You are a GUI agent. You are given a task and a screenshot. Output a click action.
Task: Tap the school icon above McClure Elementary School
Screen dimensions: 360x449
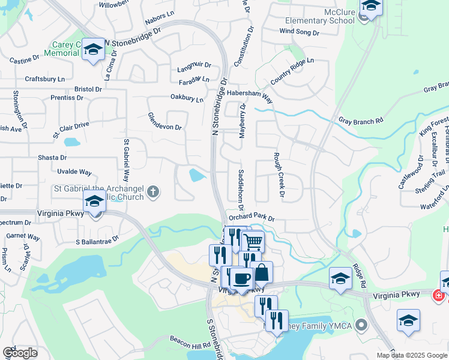click(x=371, y=6)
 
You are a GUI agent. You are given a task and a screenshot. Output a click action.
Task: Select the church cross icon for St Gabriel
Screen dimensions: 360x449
click(x=153, y=192)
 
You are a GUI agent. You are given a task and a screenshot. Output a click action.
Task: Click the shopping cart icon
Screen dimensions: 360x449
click(x=253, y=241)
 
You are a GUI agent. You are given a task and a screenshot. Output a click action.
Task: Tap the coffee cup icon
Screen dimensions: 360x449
click(x=242, y=278)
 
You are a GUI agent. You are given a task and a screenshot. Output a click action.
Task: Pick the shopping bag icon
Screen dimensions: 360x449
click(x=262, y=272)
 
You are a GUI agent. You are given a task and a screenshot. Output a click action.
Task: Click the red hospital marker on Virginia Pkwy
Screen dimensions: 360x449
click(x=439, y=295)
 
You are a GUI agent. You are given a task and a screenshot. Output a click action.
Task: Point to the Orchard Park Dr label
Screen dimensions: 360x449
click(x=251, y=218)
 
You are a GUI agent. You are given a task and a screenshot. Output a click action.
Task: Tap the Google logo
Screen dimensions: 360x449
click(x=20, y=353)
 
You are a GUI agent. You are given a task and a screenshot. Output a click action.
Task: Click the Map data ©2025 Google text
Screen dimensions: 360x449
click(x=412, y=355)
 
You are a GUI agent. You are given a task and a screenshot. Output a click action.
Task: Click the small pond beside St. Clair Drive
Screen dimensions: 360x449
click(x=71, y=143)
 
